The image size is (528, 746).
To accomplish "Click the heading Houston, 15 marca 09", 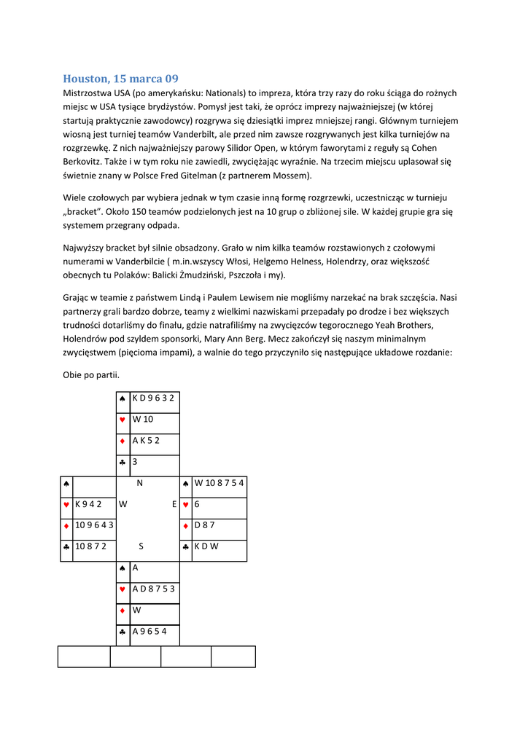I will [x=120, y=78].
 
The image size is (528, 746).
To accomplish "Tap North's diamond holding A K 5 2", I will [x=146, y=440].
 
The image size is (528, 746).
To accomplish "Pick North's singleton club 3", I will [x=135, y=461].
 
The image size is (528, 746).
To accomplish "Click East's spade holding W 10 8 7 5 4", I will [x=219, y=482].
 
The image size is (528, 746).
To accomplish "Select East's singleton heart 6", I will [x=197, y=503].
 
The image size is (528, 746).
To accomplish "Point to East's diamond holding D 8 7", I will [x=204, y=525].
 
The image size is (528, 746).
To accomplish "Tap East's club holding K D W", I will [x=207, y=546].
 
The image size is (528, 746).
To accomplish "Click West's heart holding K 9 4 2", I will [x=88, y=503].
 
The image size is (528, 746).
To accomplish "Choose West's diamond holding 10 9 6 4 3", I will [x=93, y=525].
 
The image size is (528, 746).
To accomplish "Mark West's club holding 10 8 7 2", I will [x=90, y=546].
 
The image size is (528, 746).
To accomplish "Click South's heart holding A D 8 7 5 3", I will [x=153, y=589].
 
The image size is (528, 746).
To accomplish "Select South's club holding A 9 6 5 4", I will [x=150, y=631].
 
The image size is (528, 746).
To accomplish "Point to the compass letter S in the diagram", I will [x=141, y=546].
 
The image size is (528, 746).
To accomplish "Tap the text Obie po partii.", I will [x=91, y=374].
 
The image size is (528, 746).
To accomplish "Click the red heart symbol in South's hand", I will [x=122, y=589].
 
